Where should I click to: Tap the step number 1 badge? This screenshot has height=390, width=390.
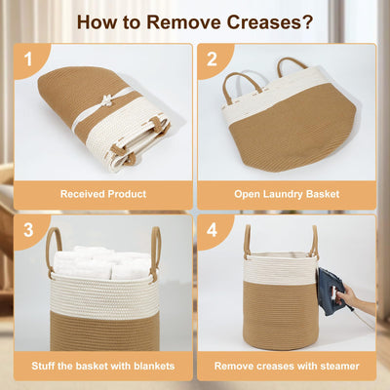coord(28,59)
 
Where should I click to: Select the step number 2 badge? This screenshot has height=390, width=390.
coord(212,59)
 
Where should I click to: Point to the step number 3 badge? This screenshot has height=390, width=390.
coord(28,230)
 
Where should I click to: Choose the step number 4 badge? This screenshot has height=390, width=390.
coord(212,230)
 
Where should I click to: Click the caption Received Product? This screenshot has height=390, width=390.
coord(103,194)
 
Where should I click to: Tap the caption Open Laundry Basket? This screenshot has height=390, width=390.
coord(287,194)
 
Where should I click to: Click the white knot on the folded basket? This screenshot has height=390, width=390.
coord(106,99)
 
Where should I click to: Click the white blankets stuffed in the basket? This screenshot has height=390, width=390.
coord(101,263)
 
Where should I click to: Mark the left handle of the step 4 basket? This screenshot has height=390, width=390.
coord(248,241)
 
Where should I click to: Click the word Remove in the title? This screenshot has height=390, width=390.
coord(184,21)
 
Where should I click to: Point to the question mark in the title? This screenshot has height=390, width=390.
coord(306,21)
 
